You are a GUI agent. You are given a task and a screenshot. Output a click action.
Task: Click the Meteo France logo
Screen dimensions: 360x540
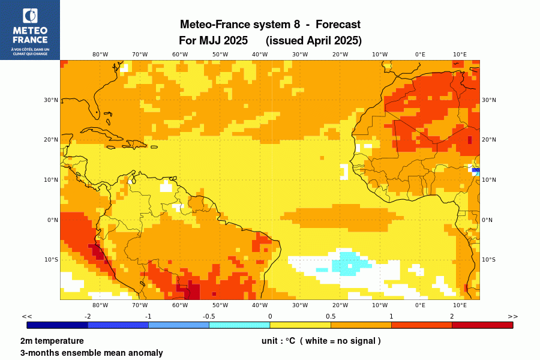click(29, 29)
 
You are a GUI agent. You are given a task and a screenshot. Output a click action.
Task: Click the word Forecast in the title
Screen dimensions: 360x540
click(338, 25)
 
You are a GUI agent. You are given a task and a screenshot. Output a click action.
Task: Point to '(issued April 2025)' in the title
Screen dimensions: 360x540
click(314, 41)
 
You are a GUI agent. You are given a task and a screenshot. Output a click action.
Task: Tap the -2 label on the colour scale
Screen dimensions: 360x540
click(88, 316)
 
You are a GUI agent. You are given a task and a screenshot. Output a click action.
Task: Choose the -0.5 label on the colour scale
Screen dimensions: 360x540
click(209, 316)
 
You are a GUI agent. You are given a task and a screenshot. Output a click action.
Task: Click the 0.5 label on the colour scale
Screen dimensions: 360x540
click(331, 316)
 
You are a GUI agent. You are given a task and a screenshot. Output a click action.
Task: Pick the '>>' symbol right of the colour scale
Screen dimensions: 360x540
click(512, 316)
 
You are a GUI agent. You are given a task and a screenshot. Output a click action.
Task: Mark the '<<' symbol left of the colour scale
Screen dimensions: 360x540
click(27, 316)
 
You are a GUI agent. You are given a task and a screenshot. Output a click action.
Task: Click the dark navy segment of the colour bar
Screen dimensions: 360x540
click(58, 325)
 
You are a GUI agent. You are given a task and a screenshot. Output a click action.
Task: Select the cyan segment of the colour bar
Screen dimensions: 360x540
click(239, 325)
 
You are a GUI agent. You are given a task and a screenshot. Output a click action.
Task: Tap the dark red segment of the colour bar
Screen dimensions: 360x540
click(482, 325)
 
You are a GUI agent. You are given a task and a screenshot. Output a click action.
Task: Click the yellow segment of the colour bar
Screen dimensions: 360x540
click(300, 325)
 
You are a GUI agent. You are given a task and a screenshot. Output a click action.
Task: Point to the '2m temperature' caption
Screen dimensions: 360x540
click(52, 341)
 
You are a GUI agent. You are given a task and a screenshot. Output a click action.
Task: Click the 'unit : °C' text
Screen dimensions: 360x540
click(278, 341)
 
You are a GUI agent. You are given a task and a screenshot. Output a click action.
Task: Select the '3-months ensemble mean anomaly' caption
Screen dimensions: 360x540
click(91, 353)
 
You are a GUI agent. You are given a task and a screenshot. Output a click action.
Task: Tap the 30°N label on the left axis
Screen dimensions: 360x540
click(52, 100)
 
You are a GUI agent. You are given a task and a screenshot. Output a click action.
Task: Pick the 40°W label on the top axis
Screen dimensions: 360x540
click(260, 55)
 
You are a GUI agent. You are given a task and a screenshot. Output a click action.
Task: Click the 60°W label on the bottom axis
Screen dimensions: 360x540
click(180, 305)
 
